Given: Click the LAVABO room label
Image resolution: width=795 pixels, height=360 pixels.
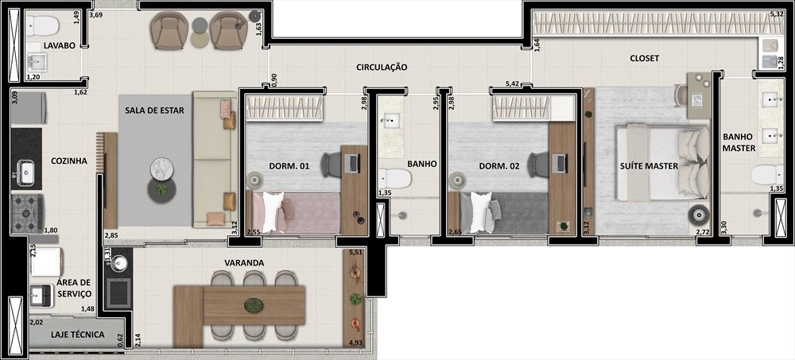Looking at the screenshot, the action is (60, 45).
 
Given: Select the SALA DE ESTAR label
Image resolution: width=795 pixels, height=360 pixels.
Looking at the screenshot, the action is (155, 110).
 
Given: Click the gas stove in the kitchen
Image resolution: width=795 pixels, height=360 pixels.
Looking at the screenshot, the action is (28, 214).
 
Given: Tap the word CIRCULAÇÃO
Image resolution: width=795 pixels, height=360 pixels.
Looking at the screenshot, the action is (382, 67).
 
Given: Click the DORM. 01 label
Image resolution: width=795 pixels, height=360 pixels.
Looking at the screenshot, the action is (289, 166).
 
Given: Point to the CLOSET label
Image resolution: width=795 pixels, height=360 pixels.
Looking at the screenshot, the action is (645, 58).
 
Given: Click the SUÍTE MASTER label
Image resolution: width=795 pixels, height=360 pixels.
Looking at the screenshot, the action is (649, 166).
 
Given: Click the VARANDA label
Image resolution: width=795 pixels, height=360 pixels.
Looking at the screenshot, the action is (244, 263).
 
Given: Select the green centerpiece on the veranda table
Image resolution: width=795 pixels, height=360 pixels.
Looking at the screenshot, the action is (254, 305).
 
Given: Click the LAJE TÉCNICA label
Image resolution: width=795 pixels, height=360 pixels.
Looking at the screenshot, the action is (78, 335).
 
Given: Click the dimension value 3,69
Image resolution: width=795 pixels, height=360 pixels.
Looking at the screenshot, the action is (96, 15).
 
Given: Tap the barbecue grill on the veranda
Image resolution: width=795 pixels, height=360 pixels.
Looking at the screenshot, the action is (119, 293).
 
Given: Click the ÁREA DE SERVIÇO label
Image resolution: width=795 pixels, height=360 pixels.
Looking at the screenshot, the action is (74, 288).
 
